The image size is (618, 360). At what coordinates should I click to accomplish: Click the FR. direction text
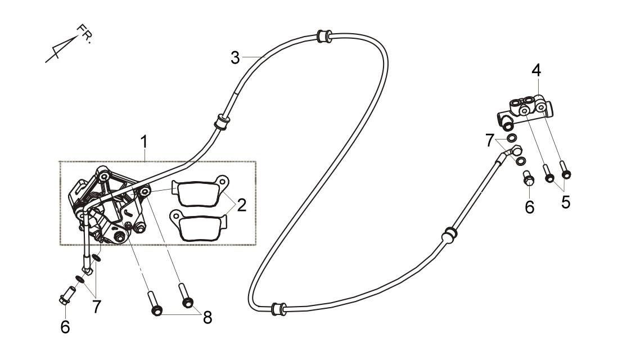[84, 34]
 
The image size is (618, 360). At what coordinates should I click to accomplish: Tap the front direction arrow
[61, 49]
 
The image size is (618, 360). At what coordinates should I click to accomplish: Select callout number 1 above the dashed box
[145, 142]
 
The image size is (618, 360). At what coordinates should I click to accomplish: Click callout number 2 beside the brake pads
[242, 205]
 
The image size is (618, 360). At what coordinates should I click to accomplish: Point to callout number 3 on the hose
[235, 58]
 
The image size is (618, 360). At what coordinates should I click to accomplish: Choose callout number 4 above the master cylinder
[536, 70]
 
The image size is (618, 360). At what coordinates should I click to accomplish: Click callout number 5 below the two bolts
[566, 202]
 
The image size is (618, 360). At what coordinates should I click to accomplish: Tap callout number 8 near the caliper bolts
[207, 317]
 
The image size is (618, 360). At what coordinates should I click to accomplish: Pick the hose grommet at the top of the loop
[324, 36]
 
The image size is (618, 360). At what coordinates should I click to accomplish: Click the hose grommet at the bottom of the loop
[279, 309]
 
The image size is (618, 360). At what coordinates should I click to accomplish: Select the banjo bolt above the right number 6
[528, 178]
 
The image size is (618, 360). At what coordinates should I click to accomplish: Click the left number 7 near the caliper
[97, 306]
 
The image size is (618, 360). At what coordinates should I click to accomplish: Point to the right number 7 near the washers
[490, 140]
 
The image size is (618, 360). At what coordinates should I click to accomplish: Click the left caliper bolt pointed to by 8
[154, 303]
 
